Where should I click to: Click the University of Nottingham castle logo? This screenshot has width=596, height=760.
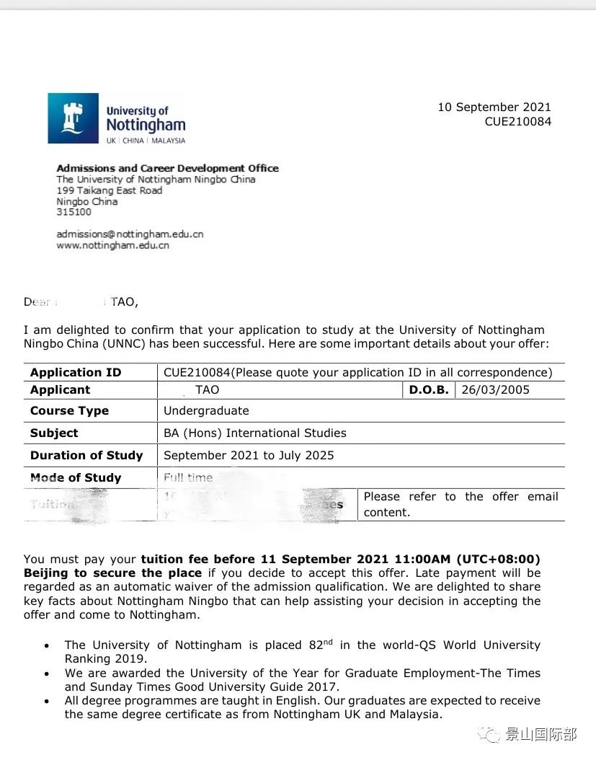pyautogui.click(x=74, y=118)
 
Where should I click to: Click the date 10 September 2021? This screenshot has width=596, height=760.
pyautogui.click(x=494, y=107)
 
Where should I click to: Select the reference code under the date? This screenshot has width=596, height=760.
pyautogui.click(x=517, y=122)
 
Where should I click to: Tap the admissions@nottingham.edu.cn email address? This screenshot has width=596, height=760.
pyautogui.click(x=130, y=234)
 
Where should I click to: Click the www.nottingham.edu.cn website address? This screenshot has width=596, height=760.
pyautogui.click(x=112, y=245)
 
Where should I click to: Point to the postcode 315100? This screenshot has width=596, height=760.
pyautogui.click(x=74, y=212)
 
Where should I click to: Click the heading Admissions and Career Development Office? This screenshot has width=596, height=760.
pyautogui.click(x=167, y=168)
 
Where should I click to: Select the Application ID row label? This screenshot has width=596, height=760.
pyautogui.click(x=76, y=373)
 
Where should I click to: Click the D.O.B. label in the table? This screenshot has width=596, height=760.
pyautogui.click(x=429, y=390)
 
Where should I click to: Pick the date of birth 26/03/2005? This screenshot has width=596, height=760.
pyautogui.click(x=496, y=390)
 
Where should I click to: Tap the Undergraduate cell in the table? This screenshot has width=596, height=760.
pyautogui.click(x=206, y=411)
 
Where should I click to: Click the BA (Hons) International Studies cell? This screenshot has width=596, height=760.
pyautogui.click(x=254, y=433)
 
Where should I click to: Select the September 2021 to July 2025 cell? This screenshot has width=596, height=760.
pyautogui.click(x=249, y=456)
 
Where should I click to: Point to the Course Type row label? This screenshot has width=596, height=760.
pyautogui.click(x=69, y=411)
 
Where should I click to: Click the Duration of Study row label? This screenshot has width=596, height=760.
pyautogui.click(x=86, y=456)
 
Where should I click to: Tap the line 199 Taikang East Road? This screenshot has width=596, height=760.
pyautogui.click(x=109, y=190)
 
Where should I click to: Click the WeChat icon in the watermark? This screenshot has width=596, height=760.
pyautogui.click(x=493, y=735)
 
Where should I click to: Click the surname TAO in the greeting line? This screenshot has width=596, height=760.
pyautogui.click(x=123, y=302)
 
